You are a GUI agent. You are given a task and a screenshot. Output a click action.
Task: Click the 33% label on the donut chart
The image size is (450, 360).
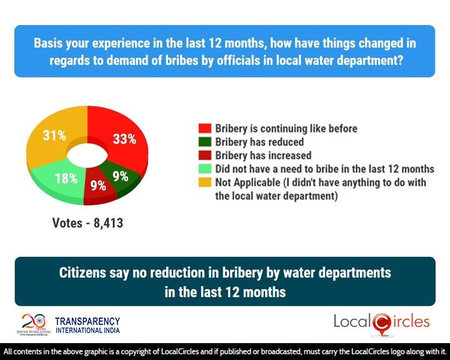(124, 139)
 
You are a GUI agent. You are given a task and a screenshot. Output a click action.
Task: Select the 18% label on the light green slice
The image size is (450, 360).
(65, 178)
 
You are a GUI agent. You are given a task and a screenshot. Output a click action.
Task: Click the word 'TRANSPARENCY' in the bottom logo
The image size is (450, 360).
(87, 320)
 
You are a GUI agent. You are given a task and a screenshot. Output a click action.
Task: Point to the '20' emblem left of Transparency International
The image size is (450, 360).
(30, 321)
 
